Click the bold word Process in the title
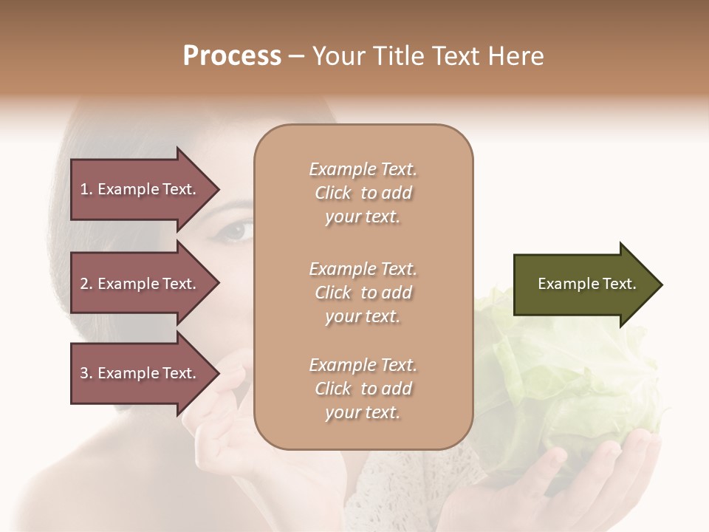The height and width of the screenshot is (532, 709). (x=232, y=56)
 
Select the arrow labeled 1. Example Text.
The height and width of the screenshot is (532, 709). (x=140, y=189)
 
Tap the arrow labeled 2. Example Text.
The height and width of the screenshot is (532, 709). (x=140, y=284)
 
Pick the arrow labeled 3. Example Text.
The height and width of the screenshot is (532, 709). (x=140, y=373)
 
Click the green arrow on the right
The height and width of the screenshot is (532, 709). (x=583, y=284)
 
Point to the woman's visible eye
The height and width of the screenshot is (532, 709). (x=235, y=231)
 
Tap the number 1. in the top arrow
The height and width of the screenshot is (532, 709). (x=86, y=189)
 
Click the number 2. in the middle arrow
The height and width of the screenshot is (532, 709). (x=86, y=284)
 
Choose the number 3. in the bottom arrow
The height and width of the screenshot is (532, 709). (x=86, y=373)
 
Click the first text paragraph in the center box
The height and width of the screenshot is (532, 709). (x=363, y=193)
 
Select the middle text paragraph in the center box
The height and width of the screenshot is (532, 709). (x=363, y=293)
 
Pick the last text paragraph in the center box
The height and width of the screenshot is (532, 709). (x=363, y=389)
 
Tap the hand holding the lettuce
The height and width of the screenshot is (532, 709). (x=598, y=480)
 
